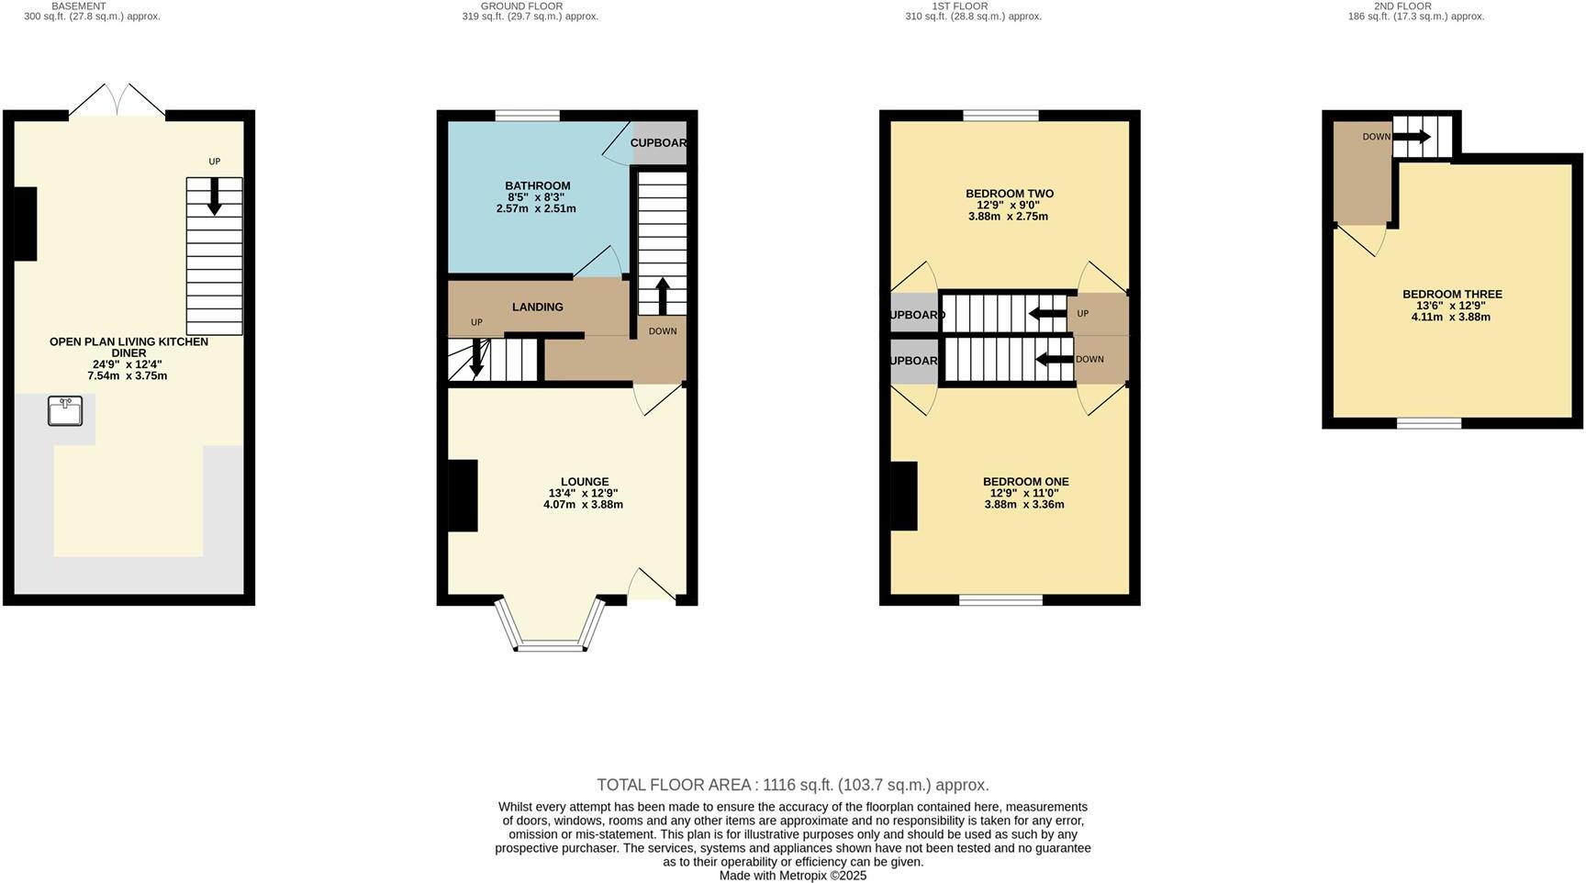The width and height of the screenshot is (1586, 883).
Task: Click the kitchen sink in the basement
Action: (x=65, y=411)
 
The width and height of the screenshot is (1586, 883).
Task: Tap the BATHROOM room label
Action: (x=537, y=185)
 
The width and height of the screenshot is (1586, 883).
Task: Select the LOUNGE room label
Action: (x=585, y=482)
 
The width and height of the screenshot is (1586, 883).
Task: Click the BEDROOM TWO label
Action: (x=1009, y=194)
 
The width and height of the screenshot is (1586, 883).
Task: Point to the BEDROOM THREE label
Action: (x=1451, y=295)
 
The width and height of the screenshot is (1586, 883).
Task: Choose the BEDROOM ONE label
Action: (x=1025, y=482)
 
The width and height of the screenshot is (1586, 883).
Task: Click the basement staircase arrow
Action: (x=214, y=196)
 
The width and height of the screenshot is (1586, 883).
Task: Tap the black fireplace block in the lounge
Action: (x=463, y=496)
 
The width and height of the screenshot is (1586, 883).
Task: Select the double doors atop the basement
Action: (x=117, y=101)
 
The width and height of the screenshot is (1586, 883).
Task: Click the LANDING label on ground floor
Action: (x=537, y=307)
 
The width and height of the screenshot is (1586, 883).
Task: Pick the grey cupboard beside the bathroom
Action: (x=659, y=143)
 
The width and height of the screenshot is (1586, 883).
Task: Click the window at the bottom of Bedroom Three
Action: (x=1429, y=423)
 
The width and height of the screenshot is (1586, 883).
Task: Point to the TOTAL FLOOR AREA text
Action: (x=792, y=785)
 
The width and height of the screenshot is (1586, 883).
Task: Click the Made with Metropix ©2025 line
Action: (x=792, y=876)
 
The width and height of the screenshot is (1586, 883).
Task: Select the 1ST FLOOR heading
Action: (x=959, y=6)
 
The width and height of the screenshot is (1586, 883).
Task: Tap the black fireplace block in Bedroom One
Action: (x=904, y=496)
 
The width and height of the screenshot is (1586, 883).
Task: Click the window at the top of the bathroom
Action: (x=527, y=116)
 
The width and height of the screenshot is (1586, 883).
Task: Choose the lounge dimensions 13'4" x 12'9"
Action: (x=583, y=493)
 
